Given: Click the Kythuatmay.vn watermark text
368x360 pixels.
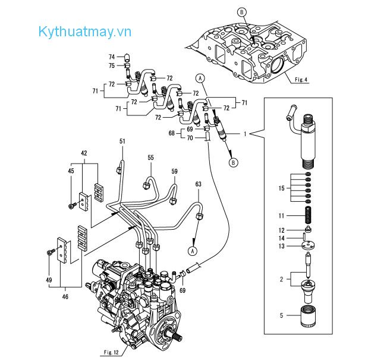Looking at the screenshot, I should pyautogui.click(x=84, y=32).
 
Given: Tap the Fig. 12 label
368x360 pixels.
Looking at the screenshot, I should pyautogui.click(x=111, y=353).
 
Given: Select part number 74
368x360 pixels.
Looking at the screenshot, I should pyautogui.click(x=111, y=57).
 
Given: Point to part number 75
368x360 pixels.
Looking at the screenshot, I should pyautogui.click(x=111, y=65).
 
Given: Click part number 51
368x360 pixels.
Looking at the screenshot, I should pyautogui.click(x=122, y=141).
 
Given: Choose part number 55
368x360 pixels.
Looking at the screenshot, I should pyautogui.click(x=150, y=157).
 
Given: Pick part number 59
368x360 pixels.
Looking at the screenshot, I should pyautogui.click(x=174, y=171).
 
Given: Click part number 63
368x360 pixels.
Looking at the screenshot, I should pyautogui.click(x=198, y=185).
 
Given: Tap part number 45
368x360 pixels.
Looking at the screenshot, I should pyautogui.click(x=71, y=171).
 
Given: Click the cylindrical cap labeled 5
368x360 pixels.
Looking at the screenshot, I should pyautogui.click(x=309, y=315).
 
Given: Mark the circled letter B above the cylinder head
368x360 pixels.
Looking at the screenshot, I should pyautogui.click(x=241, y=11).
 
